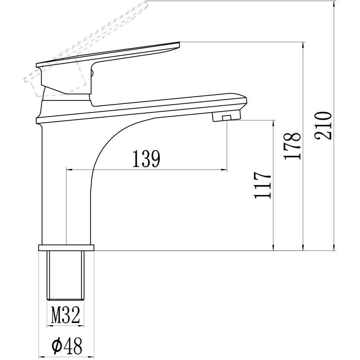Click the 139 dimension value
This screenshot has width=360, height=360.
(146, 159)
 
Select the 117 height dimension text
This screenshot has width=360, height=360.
(263, 186)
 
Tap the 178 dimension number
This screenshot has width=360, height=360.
(292, 145)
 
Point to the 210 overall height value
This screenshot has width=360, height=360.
(323, 125)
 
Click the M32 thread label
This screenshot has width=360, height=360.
(65, 316)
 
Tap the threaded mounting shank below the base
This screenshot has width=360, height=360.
(66, 275)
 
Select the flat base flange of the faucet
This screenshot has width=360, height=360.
(66, 248)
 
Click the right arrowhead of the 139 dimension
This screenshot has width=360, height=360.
(225, 170)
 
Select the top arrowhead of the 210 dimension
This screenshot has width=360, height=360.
(334, 4)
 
